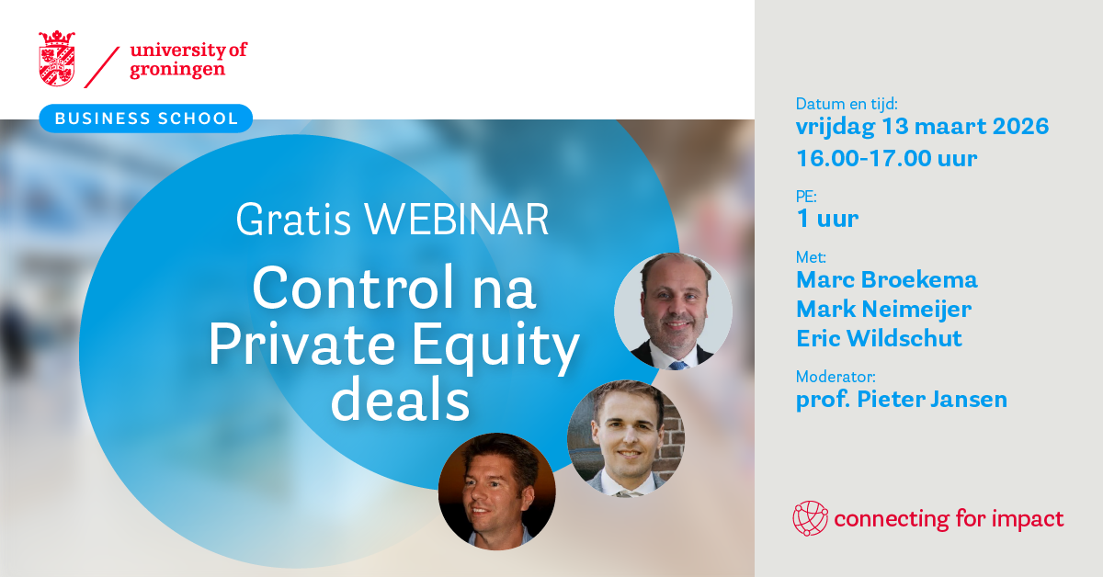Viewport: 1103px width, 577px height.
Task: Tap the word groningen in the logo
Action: pyautogui.click(x=176, y=69)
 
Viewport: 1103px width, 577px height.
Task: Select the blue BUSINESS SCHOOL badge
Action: pyautogui.click(x=145, y=119)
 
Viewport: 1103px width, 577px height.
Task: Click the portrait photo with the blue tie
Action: pyautogui.click(x=673, y=311)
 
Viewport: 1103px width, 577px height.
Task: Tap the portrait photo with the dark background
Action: pyautogui.click(x=496, y=491)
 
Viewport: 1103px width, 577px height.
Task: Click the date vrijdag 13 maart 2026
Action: pyautogui.click(x=922, y=126)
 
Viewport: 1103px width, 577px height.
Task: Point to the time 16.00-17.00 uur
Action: pyautogui.click(x=886, y=158)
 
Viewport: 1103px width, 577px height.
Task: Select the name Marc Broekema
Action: pyautogui.click(x=886, y=279)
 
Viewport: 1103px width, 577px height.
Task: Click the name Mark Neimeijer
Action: pyautogui.click(x=883, y=309)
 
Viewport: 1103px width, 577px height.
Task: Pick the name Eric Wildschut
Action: pyautogui.click(x=879, y=338)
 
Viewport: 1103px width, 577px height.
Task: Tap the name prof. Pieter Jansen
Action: pyautogui.click(x=901, y=400)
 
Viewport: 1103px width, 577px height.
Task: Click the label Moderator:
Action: pyautogui.click(x=836, y=377)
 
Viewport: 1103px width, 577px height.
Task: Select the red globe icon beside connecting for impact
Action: pyautogui.click(x=810, y=518)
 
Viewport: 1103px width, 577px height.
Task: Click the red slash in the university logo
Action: pyautogui.click(x=102, y=65)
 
